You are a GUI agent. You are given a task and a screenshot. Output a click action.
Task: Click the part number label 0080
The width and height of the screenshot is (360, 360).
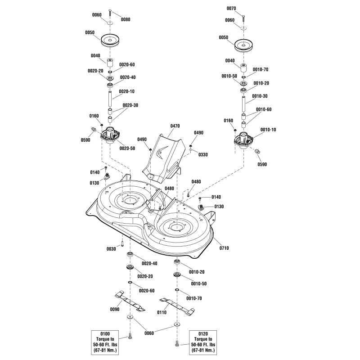tap(126, 19)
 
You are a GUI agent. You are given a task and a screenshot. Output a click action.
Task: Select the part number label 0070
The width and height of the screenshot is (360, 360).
tap(231, 8)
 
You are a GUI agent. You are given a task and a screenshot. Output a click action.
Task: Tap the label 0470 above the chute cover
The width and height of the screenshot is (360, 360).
tap(175, 127)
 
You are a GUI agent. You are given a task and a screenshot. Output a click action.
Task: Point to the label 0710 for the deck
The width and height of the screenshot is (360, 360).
tap(224, 248)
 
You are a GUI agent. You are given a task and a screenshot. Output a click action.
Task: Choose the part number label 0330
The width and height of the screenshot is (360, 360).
tap(203, 155)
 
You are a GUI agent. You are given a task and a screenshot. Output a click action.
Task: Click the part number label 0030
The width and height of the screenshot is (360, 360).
tap(111, 249)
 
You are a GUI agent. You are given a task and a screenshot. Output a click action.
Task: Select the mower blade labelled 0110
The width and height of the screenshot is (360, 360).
tap(176, 304)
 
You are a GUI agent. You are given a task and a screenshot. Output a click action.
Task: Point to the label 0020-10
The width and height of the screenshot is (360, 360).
tap(126, 91)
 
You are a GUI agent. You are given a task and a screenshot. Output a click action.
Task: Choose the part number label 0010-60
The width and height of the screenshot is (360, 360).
tap(264, 109)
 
